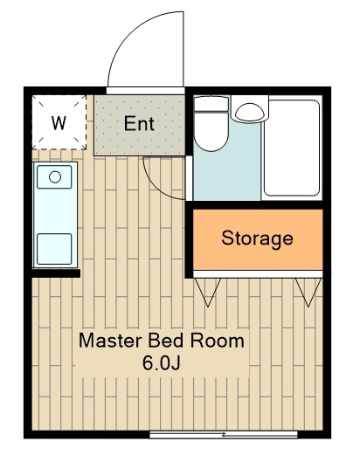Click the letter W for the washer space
[59, 123]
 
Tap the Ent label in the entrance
[139, 124]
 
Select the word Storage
[257, 238]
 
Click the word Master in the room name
[110, 341]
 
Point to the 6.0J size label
[162, 363]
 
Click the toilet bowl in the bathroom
[211, 131]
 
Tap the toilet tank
[211, 103]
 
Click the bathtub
[292, 148]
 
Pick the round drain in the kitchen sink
[55, 177]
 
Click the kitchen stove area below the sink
[54, 249]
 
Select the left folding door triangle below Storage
[208, 293]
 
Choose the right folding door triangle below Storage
[308, 293]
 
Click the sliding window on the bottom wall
[224, 435]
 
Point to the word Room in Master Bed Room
[218, 341]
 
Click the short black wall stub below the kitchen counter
[56, 273]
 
